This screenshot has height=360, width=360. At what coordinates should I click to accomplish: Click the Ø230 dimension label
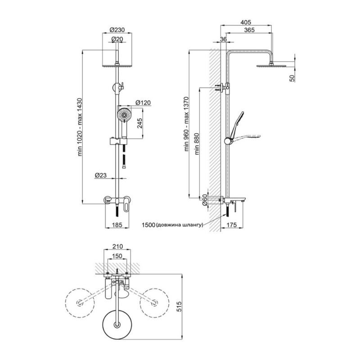[x=117, y=30]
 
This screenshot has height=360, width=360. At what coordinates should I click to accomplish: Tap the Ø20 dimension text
[x=117, y=39]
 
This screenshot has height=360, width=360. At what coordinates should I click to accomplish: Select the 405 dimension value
[x=246, y=22]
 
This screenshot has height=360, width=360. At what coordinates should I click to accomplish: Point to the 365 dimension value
[x=249, y=30]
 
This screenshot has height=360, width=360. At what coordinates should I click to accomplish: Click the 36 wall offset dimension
[x=223, y=39]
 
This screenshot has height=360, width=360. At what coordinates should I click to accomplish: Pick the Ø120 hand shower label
[x=143, y=103]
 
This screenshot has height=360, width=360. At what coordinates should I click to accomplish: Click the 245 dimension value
[x=140, y=123]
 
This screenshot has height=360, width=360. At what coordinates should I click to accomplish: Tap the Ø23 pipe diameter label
[x=100, y=175]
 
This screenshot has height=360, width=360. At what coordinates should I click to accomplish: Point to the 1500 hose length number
[x=148, y=225]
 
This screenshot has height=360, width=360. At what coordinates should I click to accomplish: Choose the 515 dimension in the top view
[x=179, y=306]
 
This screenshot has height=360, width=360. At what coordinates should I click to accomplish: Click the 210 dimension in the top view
[x=117, y=246]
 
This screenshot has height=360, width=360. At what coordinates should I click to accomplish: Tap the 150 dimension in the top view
[x=117, y=256]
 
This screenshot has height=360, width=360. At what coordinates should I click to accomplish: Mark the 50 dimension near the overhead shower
[x=292, y=78]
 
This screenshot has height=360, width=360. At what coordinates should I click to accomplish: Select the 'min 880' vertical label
[x=197, y=144]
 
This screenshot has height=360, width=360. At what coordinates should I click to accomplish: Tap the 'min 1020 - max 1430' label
[x=80, y=127]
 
